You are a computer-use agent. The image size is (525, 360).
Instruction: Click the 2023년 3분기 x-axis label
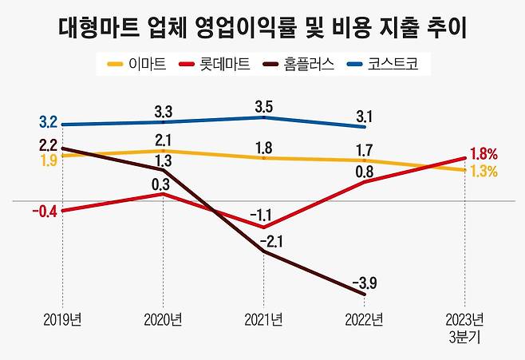[464, 328]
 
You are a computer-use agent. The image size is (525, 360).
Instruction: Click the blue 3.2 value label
[48, 123]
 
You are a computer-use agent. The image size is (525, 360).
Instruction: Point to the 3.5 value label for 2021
[263, 104]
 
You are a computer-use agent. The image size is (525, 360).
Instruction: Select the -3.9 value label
[365, 282]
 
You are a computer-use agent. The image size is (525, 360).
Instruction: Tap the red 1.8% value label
[484, 153]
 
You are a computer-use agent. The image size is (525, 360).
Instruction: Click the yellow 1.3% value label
[484, 171]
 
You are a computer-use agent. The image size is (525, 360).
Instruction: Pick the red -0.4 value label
[45, 212]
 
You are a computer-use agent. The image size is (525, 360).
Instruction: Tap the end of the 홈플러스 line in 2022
[365, 295]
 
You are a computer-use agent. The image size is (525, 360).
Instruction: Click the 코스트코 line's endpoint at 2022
[365, 126]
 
